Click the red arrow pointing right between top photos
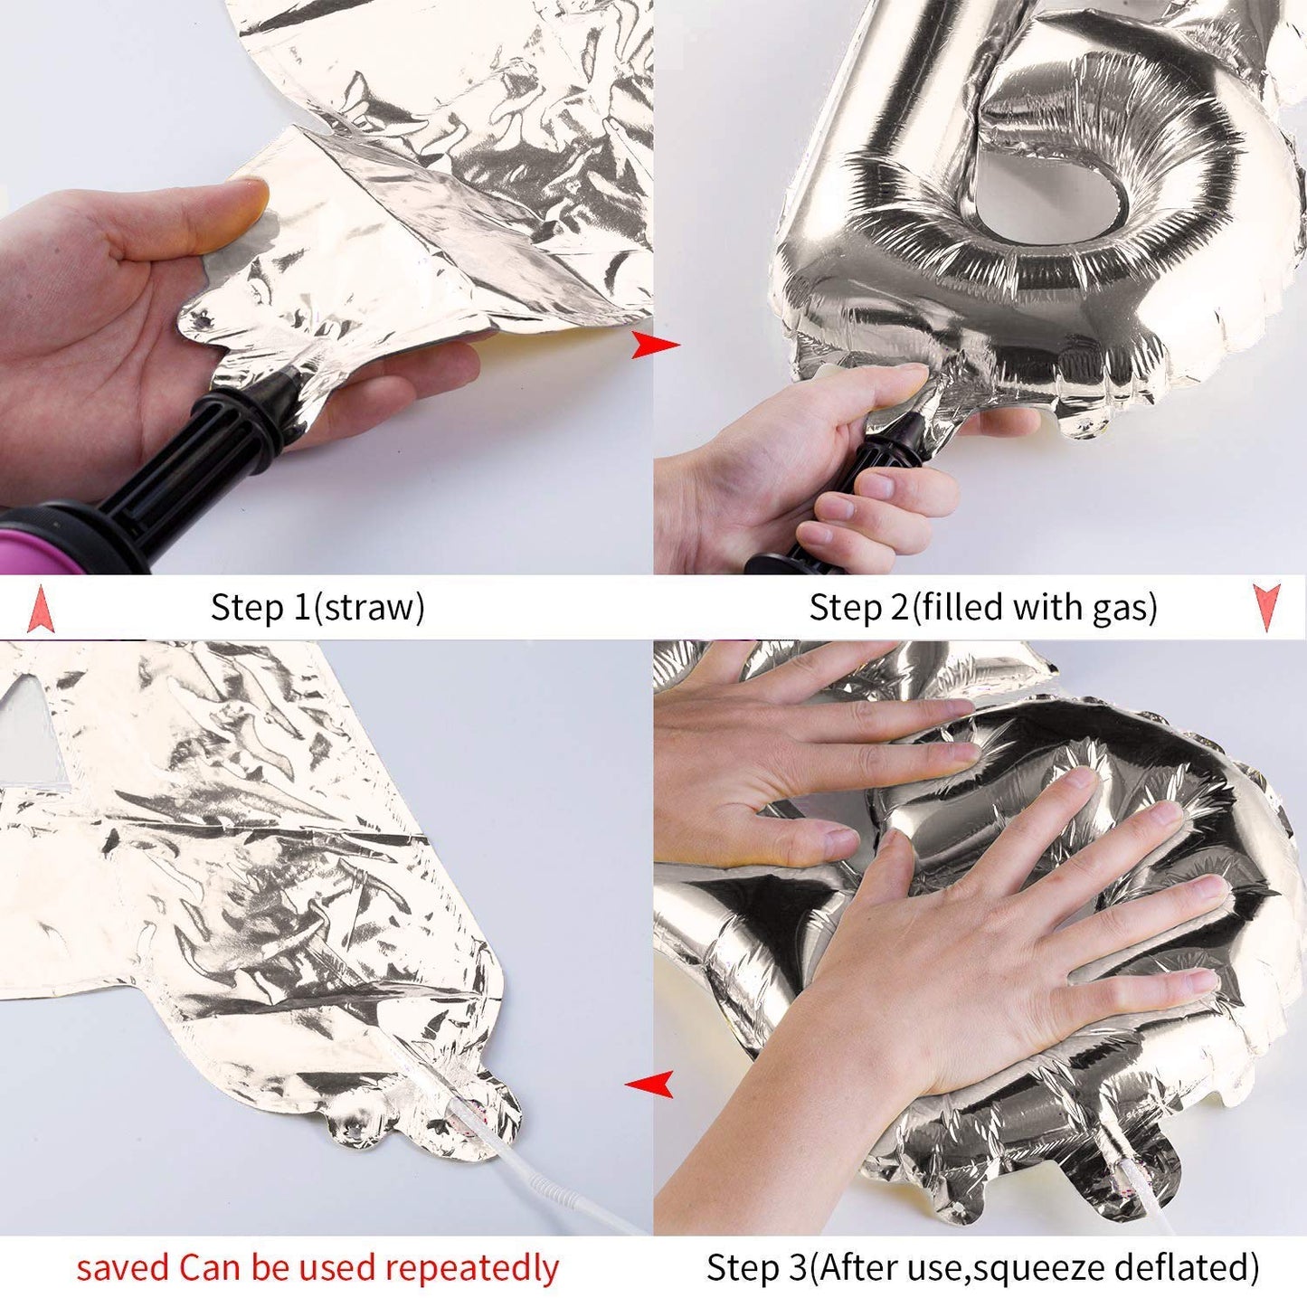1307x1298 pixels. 654,346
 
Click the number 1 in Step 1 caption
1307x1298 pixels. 300,606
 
